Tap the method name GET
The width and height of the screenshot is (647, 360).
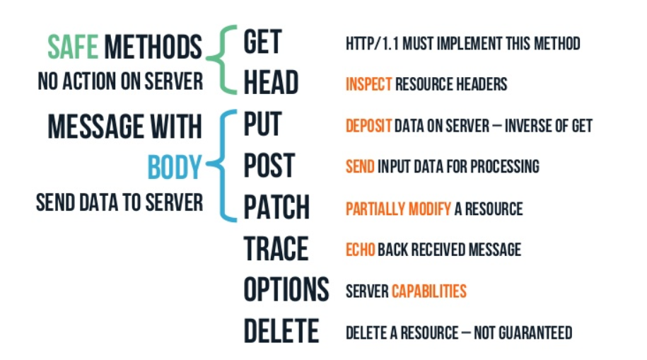(263, 42)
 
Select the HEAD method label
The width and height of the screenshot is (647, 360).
(271, 83)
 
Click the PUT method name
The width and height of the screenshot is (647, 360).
(262, 125)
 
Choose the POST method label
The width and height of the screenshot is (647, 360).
(269, 167)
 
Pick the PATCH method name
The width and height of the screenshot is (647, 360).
(276, 208)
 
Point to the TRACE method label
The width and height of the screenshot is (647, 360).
(276, 249)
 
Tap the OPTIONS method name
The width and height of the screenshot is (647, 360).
(286, 290)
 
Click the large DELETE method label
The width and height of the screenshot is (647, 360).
(281, 332)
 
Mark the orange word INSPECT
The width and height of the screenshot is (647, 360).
(368, 84)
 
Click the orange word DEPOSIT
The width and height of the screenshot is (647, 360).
(368, 126)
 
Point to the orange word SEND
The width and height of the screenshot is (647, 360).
(360, 167)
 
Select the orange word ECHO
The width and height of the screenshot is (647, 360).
(360, 250)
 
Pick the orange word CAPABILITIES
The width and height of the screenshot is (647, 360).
(429, 291)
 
